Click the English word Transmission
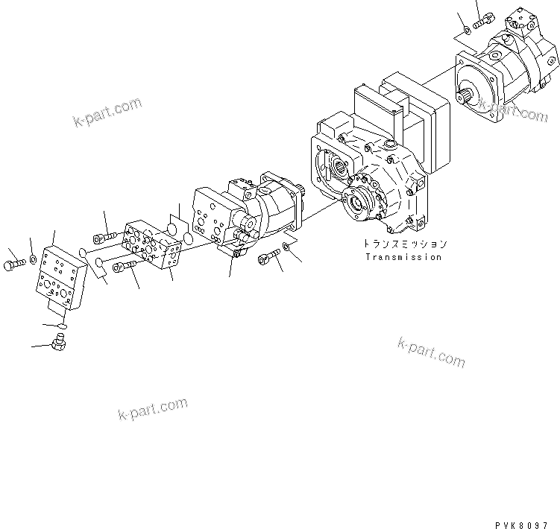(403, 257)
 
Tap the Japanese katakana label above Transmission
(406, 244)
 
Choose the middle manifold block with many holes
(153, 244)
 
